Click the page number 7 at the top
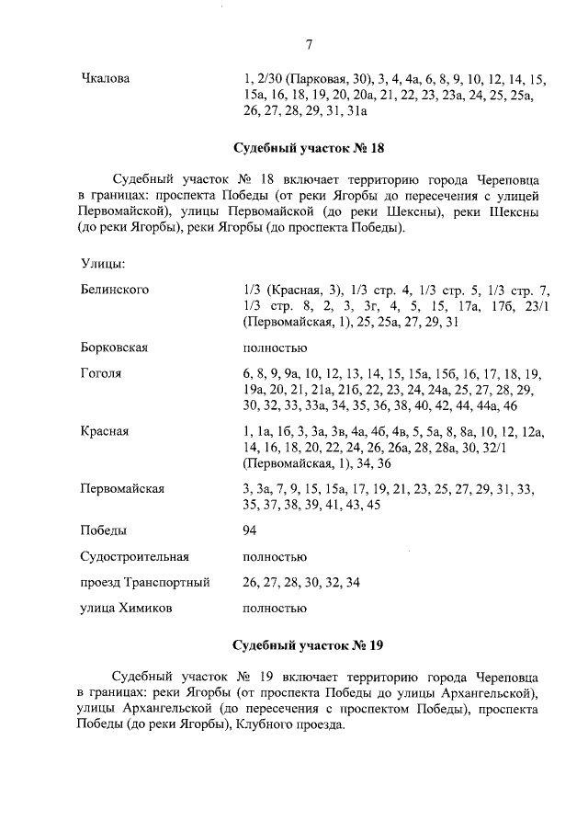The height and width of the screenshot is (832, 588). pos(309,43)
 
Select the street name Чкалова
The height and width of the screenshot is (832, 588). pos(106,79)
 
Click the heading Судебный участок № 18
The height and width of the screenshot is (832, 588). pos(308,148)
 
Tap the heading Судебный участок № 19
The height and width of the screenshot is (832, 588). pos(308,644)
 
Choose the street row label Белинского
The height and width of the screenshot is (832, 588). pos(115,290)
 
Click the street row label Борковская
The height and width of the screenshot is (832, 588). pos(115,348)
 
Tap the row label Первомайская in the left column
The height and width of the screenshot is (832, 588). pos(122,489)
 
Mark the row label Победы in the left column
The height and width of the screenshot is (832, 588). pos(104,531)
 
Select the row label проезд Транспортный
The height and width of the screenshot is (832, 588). pos(145,582)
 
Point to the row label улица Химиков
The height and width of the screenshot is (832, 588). pos(125,608)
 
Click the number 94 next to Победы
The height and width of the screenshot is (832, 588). pos(250,531)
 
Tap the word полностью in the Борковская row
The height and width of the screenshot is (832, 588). pos(275,348)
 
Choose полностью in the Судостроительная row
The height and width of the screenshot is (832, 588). pos(275,556)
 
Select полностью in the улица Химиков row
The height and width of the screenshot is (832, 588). pos(275,608)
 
